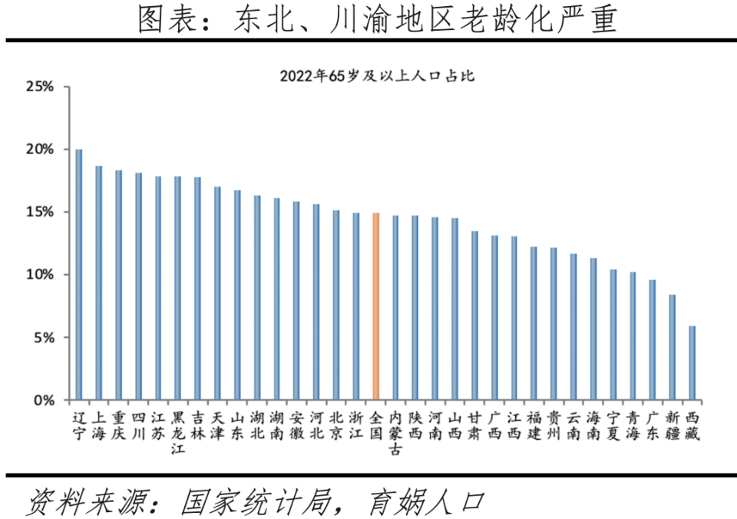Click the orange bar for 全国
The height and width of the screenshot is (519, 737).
376,306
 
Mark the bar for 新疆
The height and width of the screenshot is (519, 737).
673,347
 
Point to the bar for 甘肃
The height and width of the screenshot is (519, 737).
474,316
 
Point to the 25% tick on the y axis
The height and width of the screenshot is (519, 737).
39,86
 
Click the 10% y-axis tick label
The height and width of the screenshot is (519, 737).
39,275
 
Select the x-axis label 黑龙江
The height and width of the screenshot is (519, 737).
178,433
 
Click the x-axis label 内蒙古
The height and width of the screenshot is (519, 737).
395,433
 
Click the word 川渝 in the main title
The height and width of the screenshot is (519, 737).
353,21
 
